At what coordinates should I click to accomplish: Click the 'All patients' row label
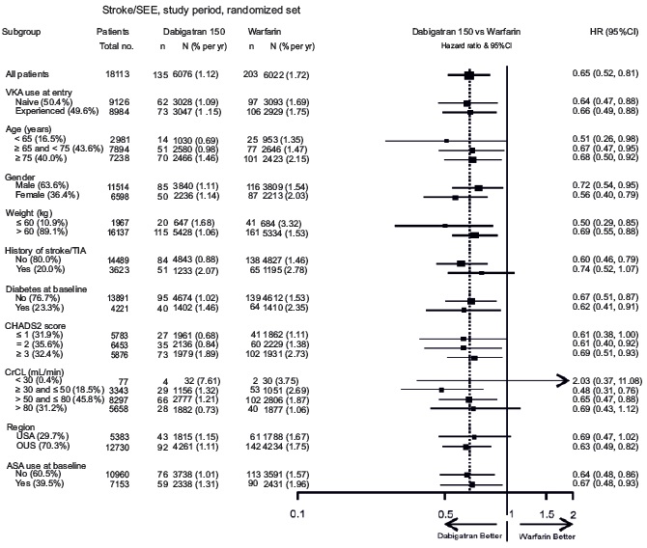27,73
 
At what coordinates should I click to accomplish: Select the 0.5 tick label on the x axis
445,514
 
